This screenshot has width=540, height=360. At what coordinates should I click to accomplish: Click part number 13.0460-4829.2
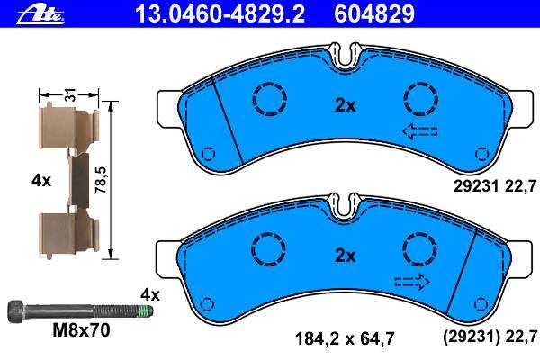tap(220, 13)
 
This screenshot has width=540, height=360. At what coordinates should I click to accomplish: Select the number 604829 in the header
tap(374, 13)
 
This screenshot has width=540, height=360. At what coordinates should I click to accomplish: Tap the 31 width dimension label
tap(70, 94)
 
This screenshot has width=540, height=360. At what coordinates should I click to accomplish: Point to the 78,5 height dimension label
tap(101, 180)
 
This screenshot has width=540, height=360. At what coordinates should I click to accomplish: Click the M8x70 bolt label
tap(81, 330)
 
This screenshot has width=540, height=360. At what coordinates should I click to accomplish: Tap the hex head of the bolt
tap(16, 311)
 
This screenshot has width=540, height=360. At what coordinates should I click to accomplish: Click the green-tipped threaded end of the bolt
tap(145, 311)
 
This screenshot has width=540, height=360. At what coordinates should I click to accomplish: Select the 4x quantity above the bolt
tap(150, 295)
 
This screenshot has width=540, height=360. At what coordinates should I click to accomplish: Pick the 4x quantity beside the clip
tap(41, 180)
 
